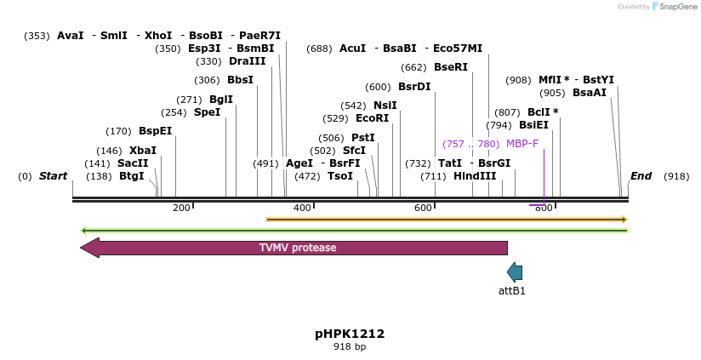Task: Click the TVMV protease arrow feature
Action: click(x=297, y=248)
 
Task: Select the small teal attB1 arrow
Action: click(x=515, y=272)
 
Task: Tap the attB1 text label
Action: click(x=512, y=291)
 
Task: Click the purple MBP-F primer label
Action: click(x=521, y=144)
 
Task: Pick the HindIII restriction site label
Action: click(x=475, y=176)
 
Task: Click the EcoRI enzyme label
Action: click(x=372, y=118)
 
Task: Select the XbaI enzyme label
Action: click(x=143, y=151)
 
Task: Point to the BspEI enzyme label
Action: click(x=155, y=131)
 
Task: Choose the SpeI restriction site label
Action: click(x=207, y=112)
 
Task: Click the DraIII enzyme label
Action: click(x=247, y=61)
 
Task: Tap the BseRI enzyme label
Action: click(x=451, y=67)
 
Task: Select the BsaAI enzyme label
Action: click(x=590, y=93)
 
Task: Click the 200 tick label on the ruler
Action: click(x=181, y=209)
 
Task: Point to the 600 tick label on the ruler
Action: click(x=423, y=209)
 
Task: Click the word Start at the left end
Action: click(x=53, y=176)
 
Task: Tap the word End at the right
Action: click(x=641, y=176)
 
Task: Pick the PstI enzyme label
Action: click(x=363, y=138)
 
